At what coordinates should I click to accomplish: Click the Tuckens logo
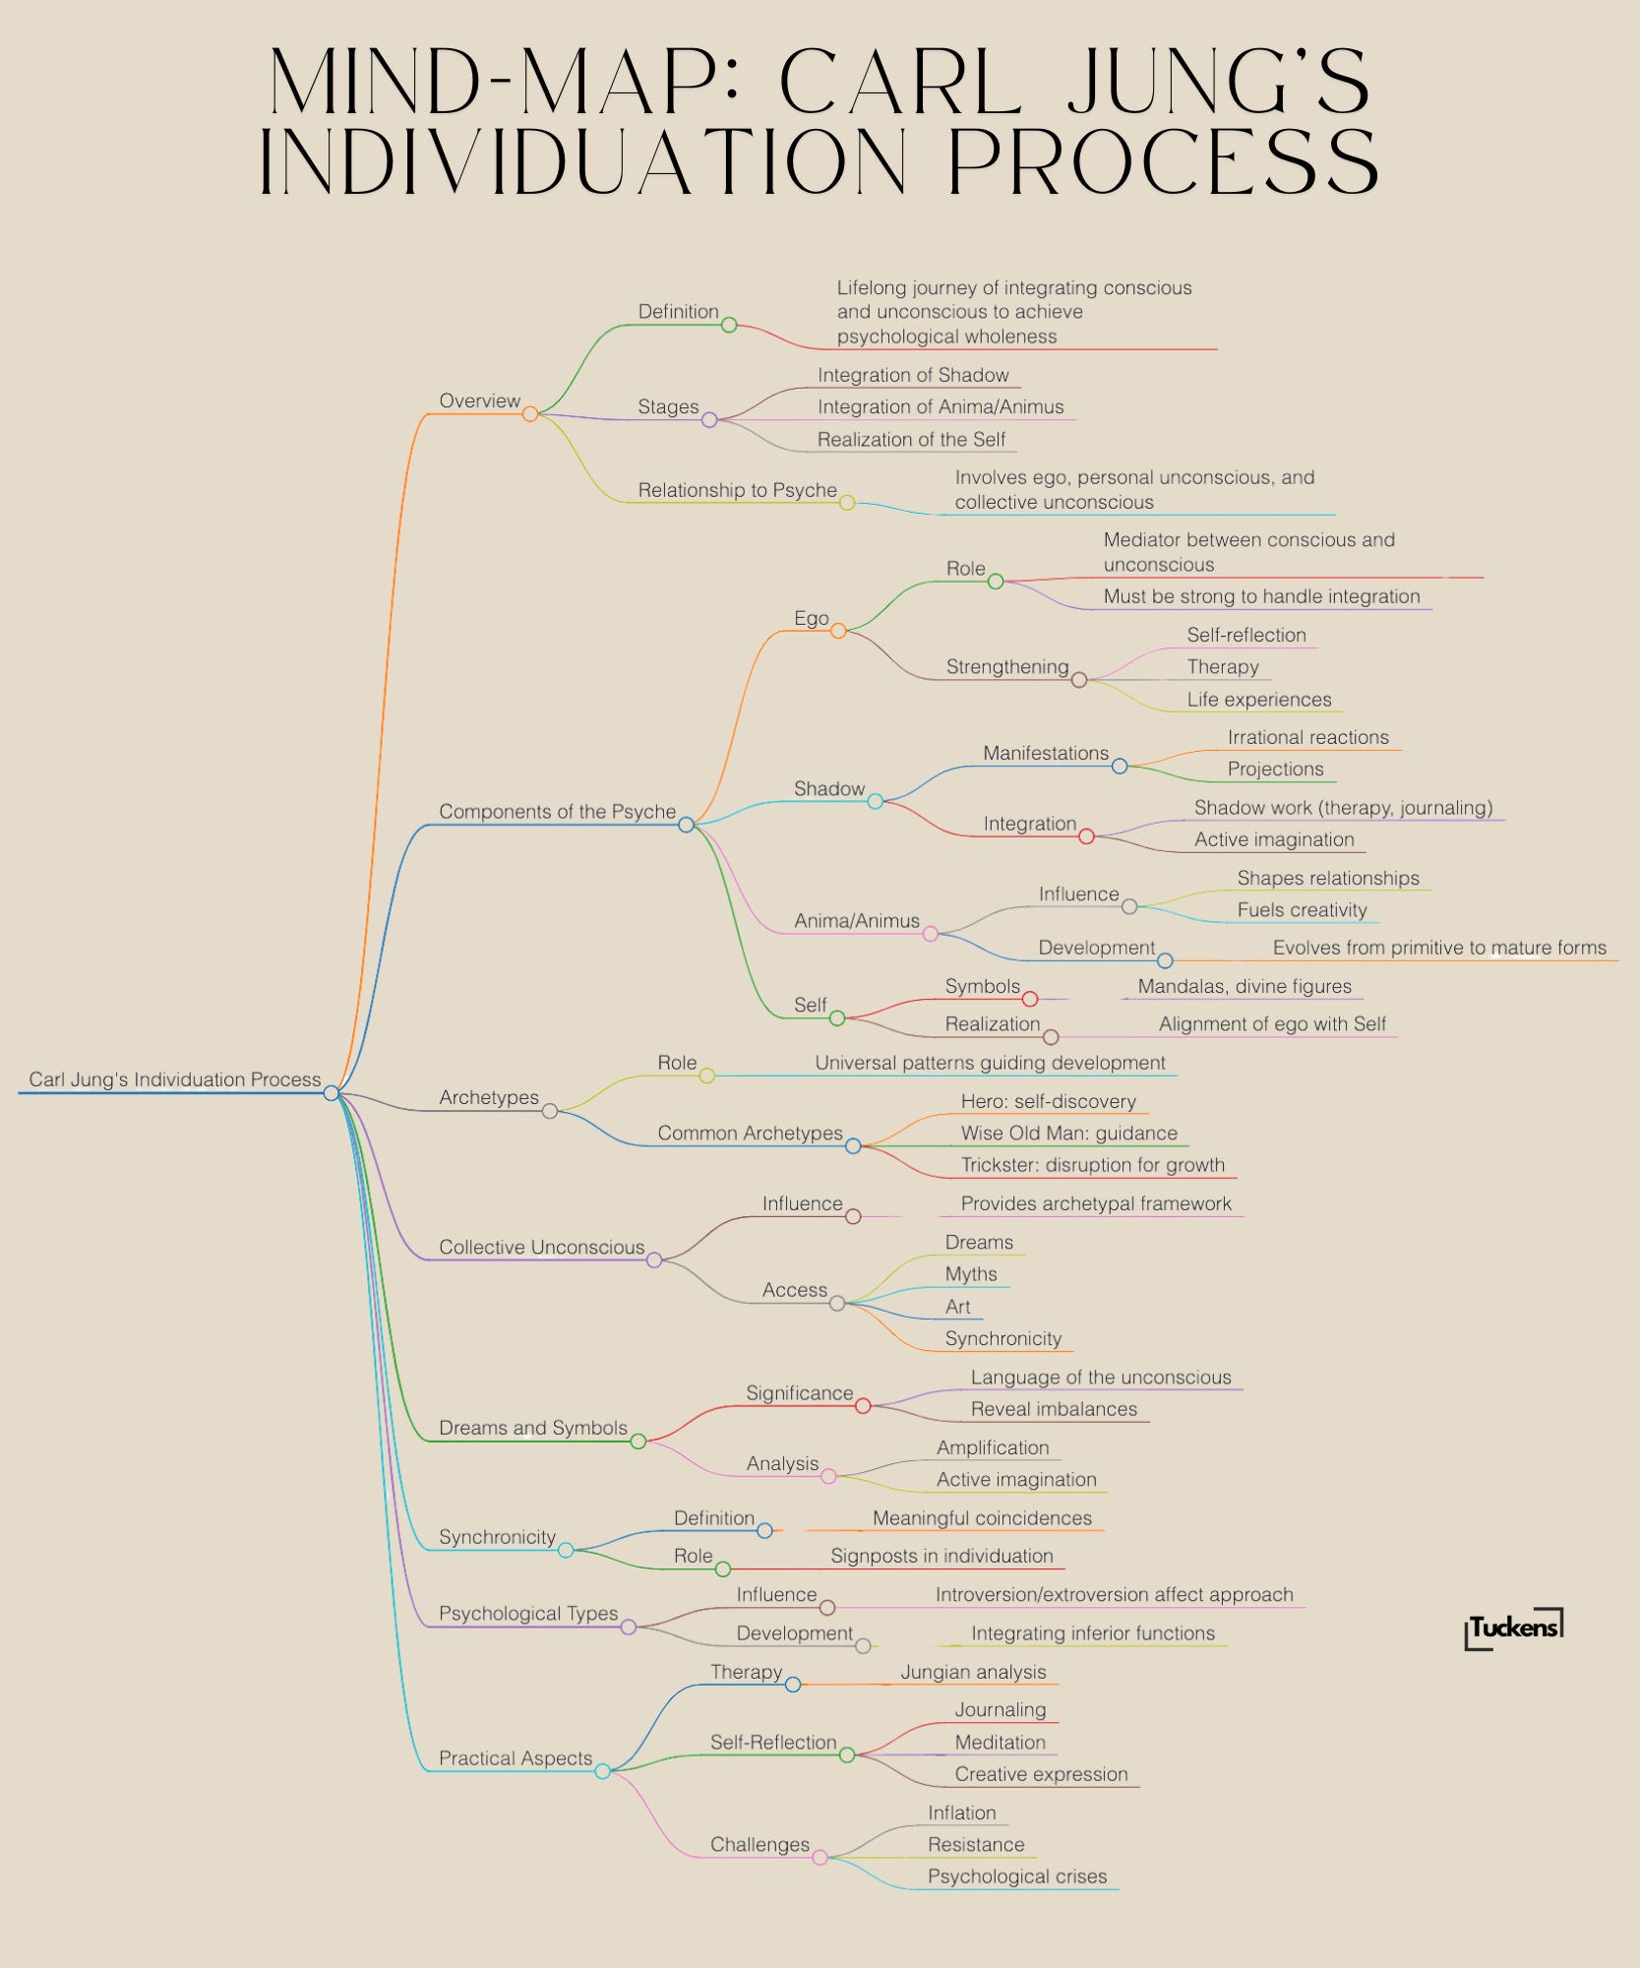pyautogui.click(x=1513, y=1629)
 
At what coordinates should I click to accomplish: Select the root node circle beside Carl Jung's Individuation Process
pyautogui.click(x=332, y=1092)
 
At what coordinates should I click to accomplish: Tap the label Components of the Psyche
pyautogui.click(x=557, y=812)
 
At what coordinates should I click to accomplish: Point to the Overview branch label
pyautogui.click(x=479, y=401)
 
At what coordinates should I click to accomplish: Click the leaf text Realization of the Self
pyautogui.click(x=911, y=440)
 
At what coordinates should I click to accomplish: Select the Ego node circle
pyautogui.click(x=838, y=631)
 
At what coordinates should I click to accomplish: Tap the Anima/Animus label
pyautogui.click(x=857, y=921)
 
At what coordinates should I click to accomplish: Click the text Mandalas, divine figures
pyautogui.click(x=1245, y=986)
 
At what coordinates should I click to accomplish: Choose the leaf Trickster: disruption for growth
pyautogui.click(x=1092, y=1165)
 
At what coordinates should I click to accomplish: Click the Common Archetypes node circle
pyautogui.click(x=853, y=1146)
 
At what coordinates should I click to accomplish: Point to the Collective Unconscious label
pyautogui.click(x=541, y=1248)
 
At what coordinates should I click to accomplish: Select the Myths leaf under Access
pyautogui.click(x=971, y=1274)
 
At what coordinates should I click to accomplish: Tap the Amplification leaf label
pyautogui.click(x=993, y=1447)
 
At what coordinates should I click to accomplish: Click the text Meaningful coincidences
pyautogui.click(x=982, y=1518)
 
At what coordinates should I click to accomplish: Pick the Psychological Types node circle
pyautogui.click(x=629, y=1628)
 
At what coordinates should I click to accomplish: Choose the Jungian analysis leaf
pyautogui.click(x=973, y=1672)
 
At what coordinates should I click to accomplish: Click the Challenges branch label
pyautogui.click(x=759, y=1845)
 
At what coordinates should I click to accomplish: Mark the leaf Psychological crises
pyautogui.click(x=1017, y=1876)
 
